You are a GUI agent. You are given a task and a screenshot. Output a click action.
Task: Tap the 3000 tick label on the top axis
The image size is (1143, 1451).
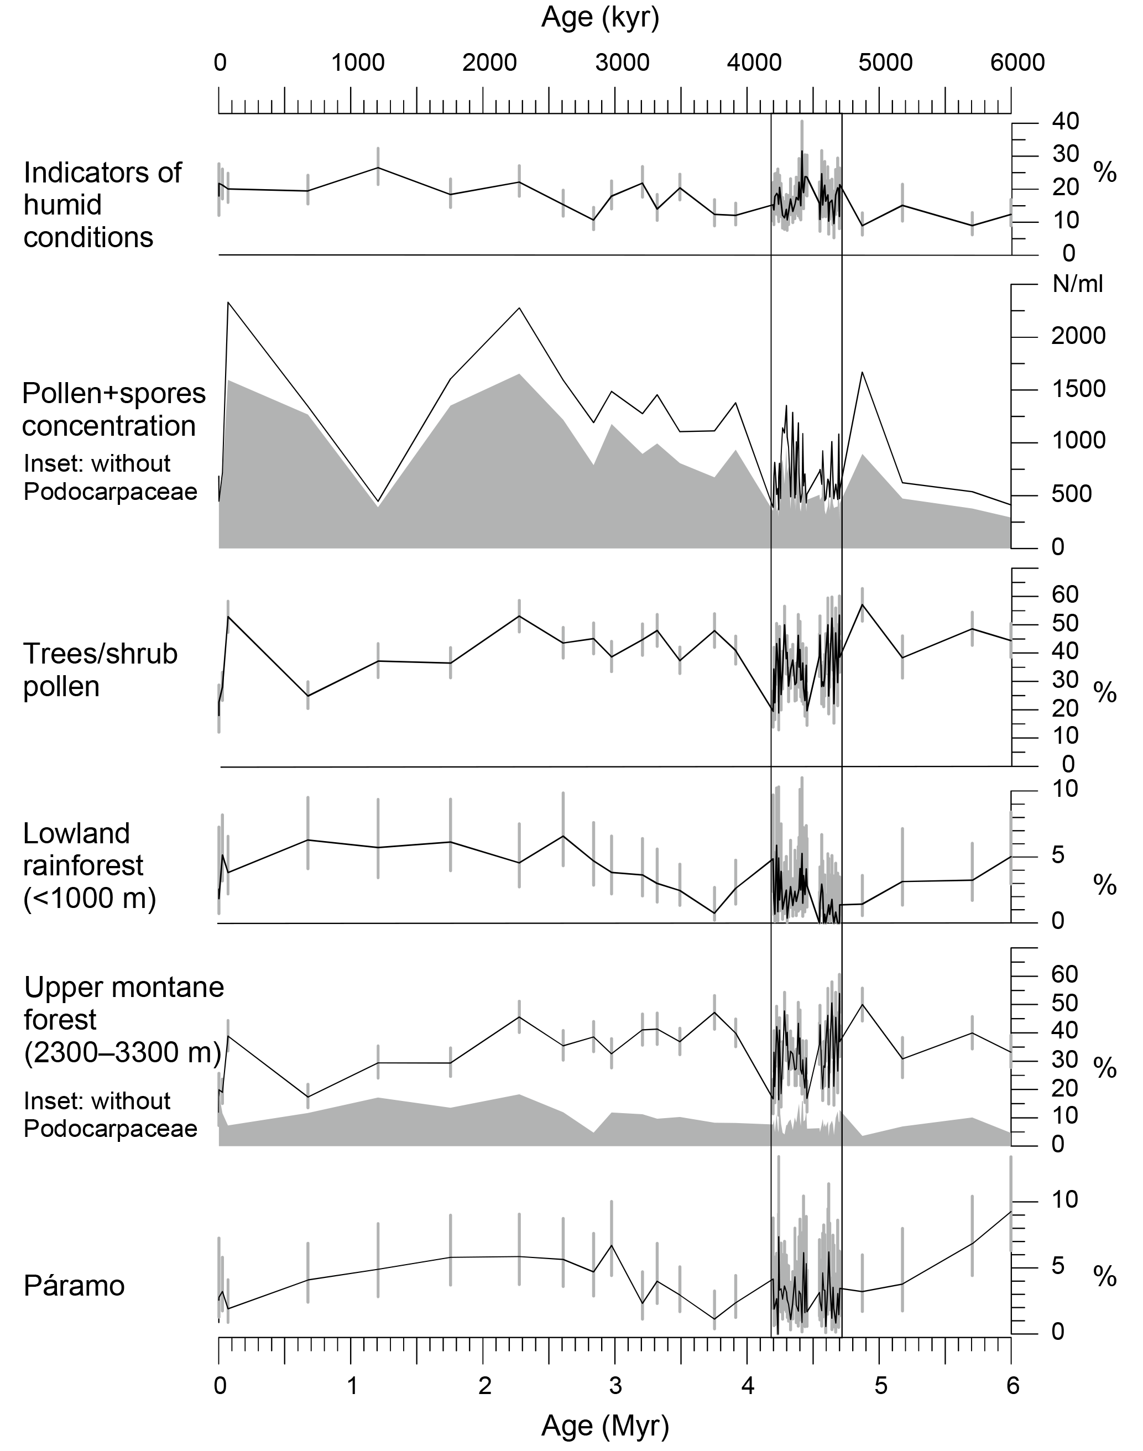pyautogui.click(x=622, y=63)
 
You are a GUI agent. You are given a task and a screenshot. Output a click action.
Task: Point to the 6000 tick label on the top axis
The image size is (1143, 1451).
pyautogui.click(x=1016, y=63)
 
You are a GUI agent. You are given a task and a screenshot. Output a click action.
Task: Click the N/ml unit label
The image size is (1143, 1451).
pyautogui.click(x=1077, y=284)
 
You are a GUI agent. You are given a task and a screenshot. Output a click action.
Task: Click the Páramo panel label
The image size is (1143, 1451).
pyautogui.click(x=74, y=1286)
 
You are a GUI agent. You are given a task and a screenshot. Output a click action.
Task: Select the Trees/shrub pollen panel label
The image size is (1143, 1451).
pyautogui.click(x=101, y=670)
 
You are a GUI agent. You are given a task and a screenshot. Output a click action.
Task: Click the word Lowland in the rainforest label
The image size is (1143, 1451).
pyautogui.click(x=76, y=834)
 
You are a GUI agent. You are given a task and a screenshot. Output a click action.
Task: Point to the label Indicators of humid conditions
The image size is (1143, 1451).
pyautogui.click(x=102, y=205)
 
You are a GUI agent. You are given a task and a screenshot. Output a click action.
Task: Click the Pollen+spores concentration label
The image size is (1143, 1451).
pyautogui.click(x=114, y=410)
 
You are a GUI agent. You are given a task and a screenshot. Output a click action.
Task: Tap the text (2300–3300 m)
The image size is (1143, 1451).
pyautogui.click(x=122, y=1053)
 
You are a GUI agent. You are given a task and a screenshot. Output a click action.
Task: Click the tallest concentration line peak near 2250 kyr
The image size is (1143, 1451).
pyautogui.click(x=519, y=308)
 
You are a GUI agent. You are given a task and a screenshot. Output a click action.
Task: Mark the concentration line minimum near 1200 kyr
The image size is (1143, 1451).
pyautogui.click(x=378, y=502)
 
